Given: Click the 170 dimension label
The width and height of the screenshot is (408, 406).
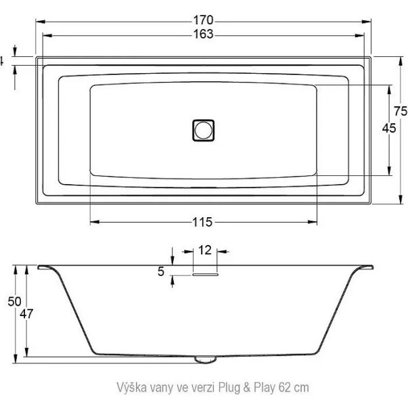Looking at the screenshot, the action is (x=203, y=20).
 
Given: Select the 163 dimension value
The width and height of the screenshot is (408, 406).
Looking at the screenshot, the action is (x=203, y=34).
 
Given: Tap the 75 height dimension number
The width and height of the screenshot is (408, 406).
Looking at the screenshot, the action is (x=401, y=111).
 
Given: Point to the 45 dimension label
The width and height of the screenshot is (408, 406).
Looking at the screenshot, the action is (x=389, y=128).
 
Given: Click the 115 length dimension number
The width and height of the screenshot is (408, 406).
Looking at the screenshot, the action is (x=202, y=222).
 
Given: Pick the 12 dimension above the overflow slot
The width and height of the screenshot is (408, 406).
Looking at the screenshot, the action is (x=205, y=250).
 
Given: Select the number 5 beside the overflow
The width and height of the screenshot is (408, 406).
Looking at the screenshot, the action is (x=161, y=271).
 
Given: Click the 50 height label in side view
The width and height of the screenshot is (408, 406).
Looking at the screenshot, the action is (x=14, y=301).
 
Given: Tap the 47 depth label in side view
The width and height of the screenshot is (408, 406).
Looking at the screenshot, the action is (x=26, y=314).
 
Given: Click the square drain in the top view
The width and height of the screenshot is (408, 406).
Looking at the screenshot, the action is (x=204, y=131).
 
